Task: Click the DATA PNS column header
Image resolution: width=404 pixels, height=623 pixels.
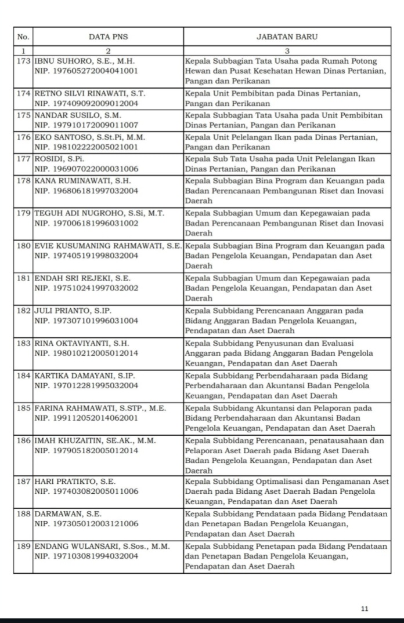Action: click(108, 37)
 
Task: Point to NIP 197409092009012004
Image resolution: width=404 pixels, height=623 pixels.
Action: click(86, 104)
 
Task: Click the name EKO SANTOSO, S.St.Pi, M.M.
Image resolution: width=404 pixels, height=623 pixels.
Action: click(89, 137)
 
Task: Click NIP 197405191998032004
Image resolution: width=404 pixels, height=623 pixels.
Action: click(86, 256)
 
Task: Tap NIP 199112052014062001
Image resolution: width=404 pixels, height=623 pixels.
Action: click(86, 417)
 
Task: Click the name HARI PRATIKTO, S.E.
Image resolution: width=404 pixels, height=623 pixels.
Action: click(75, 482)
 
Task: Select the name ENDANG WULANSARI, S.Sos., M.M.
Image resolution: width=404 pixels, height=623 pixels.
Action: click(102, 547)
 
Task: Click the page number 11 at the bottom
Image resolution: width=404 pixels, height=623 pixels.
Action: click(364, 609)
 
